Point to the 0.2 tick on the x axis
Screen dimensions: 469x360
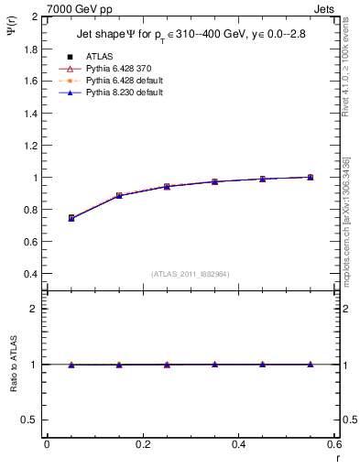coord(142,443)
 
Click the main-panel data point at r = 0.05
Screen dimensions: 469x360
coord(71,218)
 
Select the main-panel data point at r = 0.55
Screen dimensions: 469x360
coord(311,177)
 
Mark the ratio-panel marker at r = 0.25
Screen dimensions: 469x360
coord(167,365)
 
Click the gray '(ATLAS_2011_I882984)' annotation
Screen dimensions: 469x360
coord(190,273)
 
